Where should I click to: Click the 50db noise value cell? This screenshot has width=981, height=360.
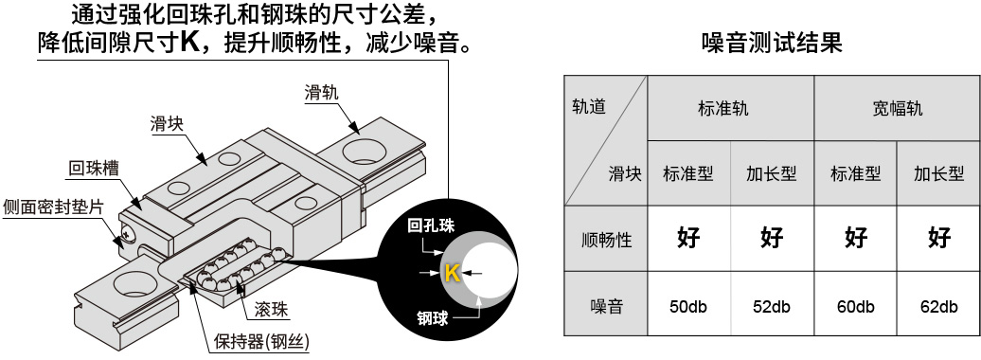688,306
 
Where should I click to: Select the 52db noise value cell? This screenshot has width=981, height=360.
772,306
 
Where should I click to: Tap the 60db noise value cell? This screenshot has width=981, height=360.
855,306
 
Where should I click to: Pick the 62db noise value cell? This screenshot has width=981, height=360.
938,306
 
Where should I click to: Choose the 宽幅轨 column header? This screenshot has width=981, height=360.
897,108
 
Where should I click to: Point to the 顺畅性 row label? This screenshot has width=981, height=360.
606,239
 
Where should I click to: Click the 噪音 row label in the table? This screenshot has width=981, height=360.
606,306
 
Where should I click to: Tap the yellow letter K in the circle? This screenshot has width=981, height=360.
452,274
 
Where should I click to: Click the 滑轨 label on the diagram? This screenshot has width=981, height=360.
321,93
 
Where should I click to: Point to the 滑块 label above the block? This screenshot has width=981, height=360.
168,123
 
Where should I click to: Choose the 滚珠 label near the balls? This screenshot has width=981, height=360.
272,310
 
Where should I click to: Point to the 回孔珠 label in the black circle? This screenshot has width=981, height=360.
432,226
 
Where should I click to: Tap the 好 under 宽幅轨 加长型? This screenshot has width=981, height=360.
938,238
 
